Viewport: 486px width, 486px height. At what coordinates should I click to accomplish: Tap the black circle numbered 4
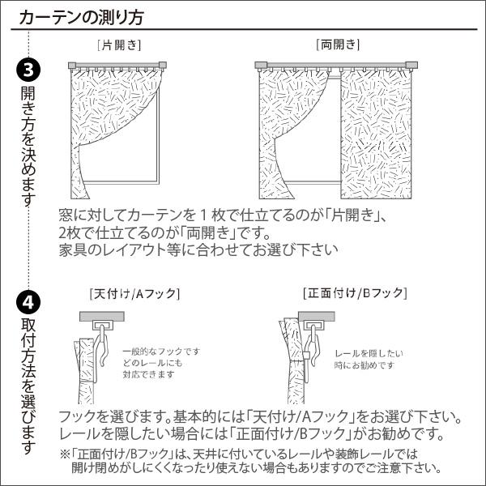(27, 303)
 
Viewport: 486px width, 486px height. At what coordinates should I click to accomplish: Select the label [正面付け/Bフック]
(355, 292)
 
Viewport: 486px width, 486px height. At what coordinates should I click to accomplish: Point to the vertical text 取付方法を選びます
(28, 386)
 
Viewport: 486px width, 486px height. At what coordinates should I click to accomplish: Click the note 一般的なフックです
(161, 352)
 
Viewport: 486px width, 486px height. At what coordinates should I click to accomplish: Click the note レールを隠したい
(369, 354)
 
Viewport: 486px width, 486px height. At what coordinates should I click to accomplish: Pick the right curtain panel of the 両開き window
(374, 134)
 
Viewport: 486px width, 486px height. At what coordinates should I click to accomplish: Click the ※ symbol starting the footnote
(65, 454)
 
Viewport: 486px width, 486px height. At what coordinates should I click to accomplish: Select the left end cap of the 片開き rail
(73, 64)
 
